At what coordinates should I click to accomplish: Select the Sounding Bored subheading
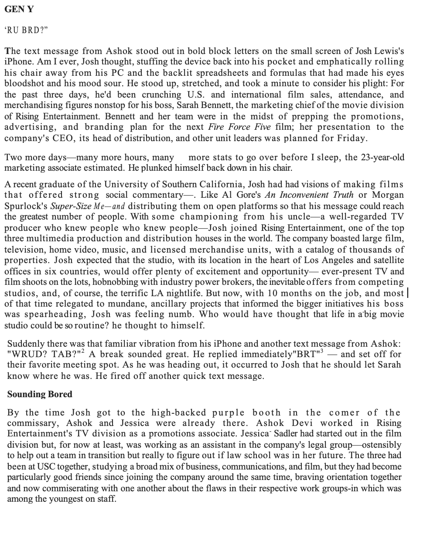point(40,394)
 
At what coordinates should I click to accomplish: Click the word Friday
point(352,138)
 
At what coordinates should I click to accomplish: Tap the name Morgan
point(387,195)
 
